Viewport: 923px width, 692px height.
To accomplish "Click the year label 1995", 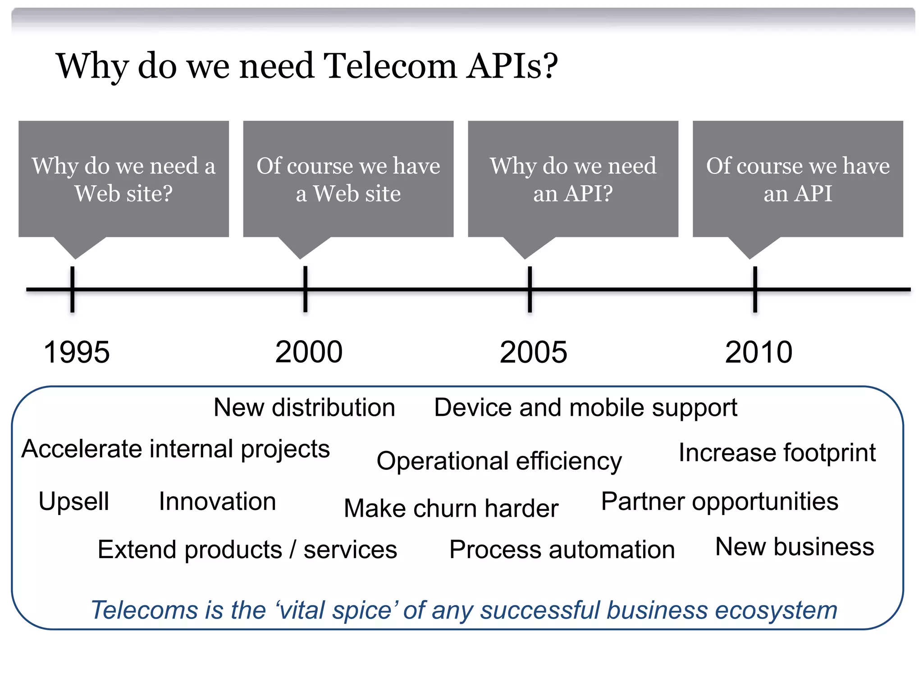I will click(x=77, y=352).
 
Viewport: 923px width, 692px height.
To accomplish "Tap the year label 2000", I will click(x=309, y=352).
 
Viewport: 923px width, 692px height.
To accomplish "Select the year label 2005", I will click(x=533, y=352).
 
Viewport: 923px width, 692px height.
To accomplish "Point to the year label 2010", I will click(x=759, y=352).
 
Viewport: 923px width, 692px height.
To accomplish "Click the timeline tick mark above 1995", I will click(x=72, y=289).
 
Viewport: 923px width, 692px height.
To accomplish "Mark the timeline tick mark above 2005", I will click(x=530, y=289).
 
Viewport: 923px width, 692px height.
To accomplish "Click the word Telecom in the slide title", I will click(x=390, y=66).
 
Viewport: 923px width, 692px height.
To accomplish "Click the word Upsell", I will click(x=74, y=501).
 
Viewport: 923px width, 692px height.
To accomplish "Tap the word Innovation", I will click(x=217, y=501).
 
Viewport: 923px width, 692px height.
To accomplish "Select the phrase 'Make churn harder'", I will click(x=451, y=508).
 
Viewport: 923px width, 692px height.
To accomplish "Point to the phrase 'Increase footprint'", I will click(x=777, y=452).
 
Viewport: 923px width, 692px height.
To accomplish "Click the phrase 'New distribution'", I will click(x=304, y=408).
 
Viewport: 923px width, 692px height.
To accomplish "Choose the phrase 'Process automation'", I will click(x=562, y=550).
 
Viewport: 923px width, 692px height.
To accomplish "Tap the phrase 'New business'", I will click(x=795, y=546).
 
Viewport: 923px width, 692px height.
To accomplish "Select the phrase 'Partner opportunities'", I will click(x=720, y=501).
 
